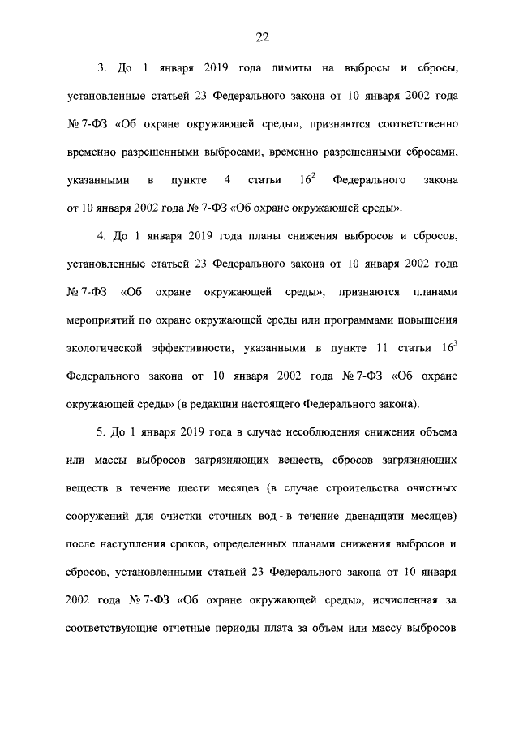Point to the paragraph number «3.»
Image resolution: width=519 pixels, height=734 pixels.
102,67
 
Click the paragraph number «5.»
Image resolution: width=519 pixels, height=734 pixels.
102,433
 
